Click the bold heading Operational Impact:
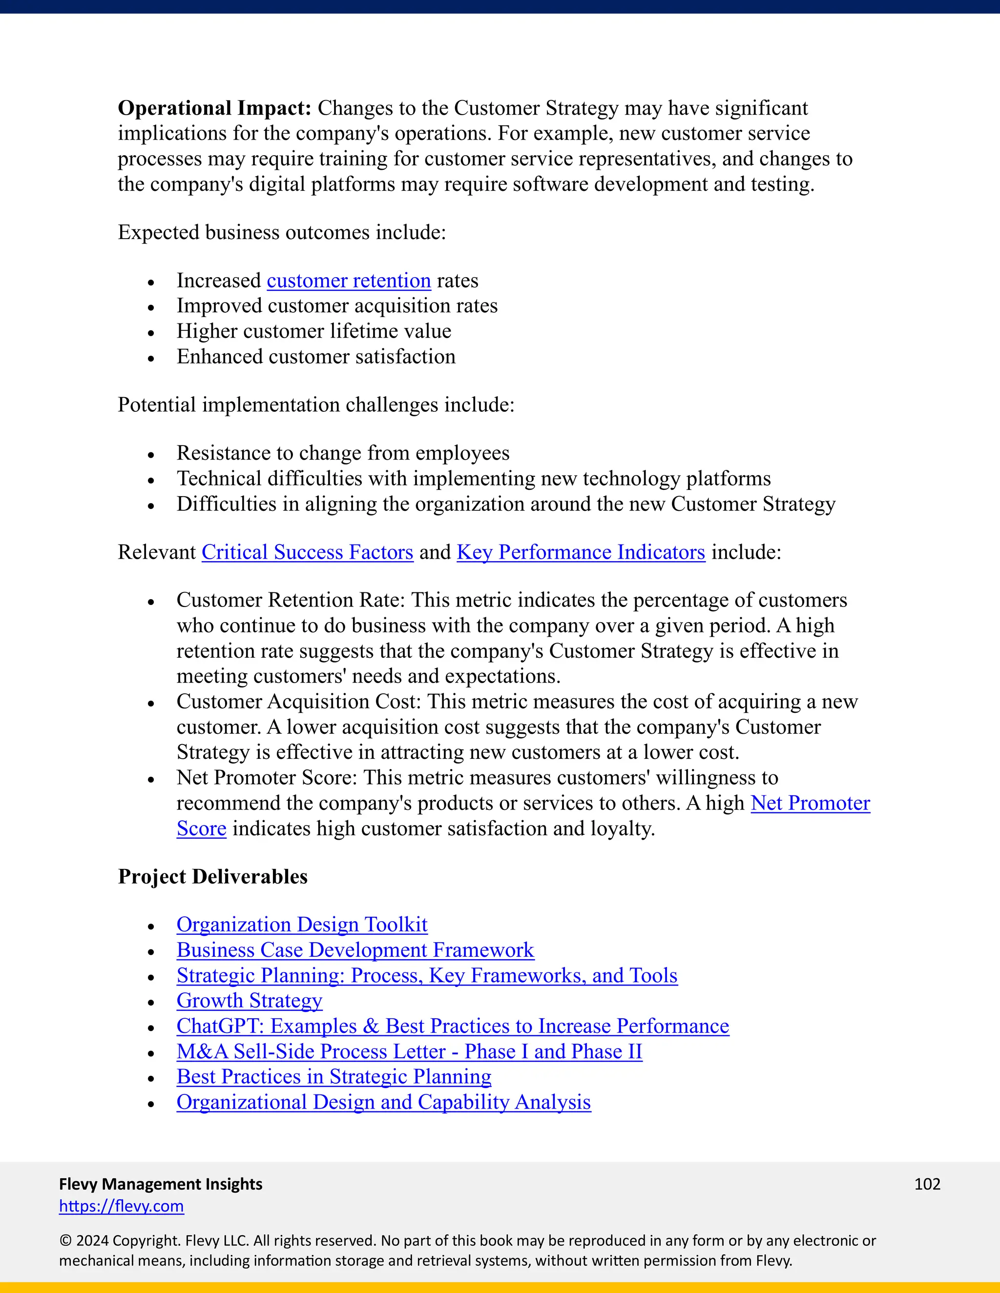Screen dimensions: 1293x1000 214,108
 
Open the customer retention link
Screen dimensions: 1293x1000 348,281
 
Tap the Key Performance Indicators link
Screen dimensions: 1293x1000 581,552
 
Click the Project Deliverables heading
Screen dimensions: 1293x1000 213,877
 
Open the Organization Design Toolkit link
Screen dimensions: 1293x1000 302,925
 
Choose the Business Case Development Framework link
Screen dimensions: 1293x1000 355,950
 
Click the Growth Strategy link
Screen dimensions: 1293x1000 249,1001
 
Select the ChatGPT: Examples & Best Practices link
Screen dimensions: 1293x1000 453,1026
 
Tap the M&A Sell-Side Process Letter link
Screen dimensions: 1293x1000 409,1051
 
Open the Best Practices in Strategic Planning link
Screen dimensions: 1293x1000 333,1077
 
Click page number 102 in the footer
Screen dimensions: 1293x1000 927,1184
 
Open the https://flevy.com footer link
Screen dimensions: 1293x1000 122,1206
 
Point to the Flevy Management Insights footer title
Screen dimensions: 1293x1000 161,1184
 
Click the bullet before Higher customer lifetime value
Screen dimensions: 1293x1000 151,333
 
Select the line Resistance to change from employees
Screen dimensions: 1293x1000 342,453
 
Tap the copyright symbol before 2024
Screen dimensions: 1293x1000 64,1241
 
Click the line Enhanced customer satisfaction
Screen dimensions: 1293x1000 316,357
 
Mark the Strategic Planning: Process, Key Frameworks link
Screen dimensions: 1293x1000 427,976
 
